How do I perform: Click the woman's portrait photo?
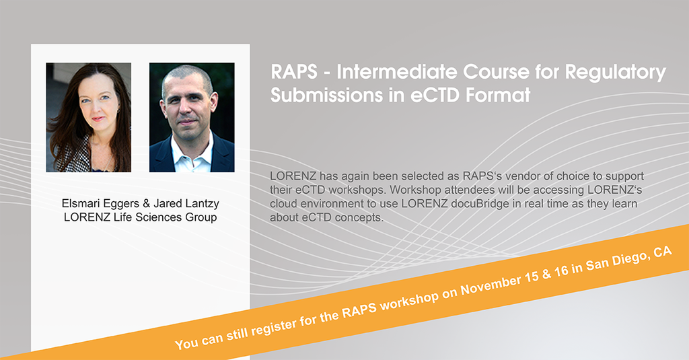click(x=88, y=117)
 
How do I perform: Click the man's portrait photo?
click(x=192, y=117)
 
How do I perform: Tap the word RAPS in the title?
click(x=294, y=72)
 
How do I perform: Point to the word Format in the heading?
click(x=498, y=96)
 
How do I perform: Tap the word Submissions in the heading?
click(x=326, y=96)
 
